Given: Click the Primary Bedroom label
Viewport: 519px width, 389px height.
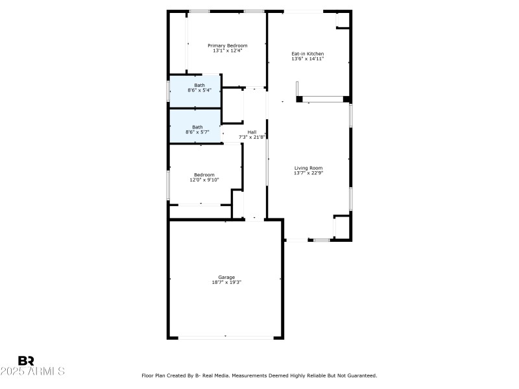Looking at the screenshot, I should click(227, 45).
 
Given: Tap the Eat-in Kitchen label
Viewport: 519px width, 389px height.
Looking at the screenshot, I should click(308, 54).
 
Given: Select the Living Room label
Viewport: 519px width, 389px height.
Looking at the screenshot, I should click(308, 168).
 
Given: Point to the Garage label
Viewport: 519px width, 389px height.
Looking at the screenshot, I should click(226, 277).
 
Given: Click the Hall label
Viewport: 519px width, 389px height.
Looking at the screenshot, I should click(252, 132).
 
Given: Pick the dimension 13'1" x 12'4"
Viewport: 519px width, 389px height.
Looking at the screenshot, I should click(227, 51).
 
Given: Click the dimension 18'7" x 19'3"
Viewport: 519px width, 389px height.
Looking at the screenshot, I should click(226, 282).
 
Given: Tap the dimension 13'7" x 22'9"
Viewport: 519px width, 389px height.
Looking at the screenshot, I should click(308, 173).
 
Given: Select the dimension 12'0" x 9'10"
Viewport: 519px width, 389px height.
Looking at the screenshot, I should click(204, 180).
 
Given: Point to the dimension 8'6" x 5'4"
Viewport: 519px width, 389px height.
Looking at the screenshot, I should click(199, 90).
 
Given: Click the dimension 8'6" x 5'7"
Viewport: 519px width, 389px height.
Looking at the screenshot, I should click(197, 132).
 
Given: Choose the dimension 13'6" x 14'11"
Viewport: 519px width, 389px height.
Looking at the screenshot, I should click(308, 59).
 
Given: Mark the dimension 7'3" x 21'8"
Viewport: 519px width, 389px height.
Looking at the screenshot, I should click(252, 137).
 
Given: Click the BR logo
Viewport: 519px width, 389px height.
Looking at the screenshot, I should click(26, 360).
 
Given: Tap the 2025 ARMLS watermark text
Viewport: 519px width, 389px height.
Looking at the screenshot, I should click(32, 371).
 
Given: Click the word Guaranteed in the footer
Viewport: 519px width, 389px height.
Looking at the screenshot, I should click(361, 375).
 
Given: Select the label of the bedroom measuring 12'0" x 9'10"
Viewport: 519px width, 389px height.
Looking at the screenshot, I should click(204, 174).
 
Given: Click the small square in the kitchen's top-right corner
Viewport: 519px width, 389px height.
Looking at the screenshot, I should click(342, 20).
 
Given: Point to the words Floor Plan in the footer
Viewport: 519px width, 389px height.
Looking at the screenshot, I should click(153, 375).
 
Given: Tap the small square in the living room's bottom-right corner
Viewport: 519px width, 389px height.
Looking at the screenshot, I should click(341, 227).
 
